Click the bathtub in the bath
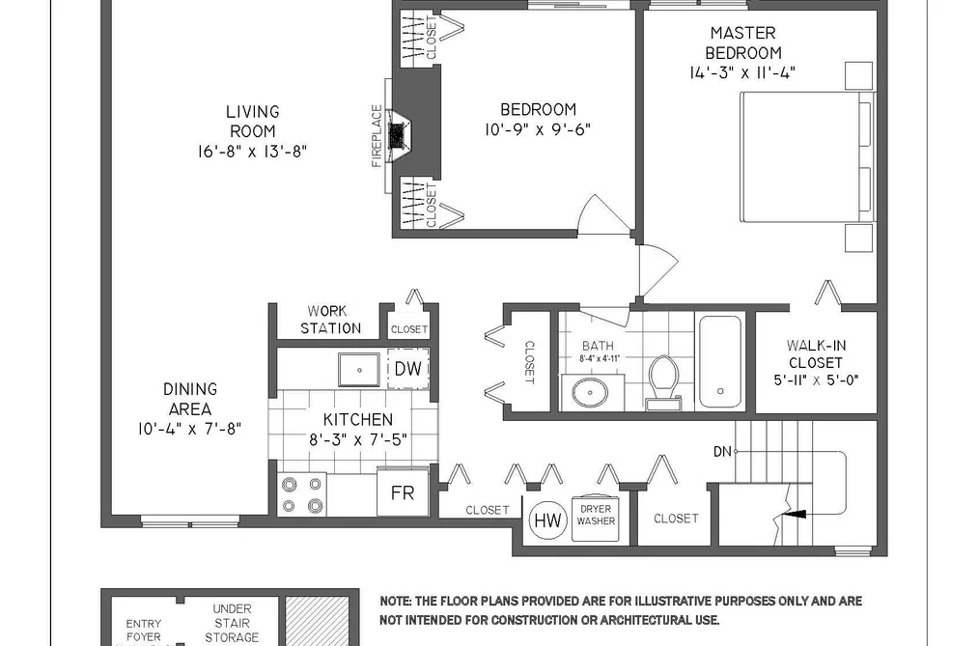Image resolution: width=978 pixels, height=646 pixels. coord(720,362)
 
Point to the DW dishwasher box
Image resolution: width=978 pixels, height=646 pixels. coord(408,369)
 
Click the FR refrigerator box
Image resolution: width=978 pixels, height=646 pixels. coord(403,492)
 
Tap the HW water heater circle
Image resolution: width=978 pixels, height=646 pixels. coord(548,520)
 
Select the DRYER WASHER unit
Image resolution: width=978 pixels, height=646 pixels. coord(596,516)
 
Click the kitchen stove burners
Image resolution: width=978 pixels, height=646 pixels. coord(302,494)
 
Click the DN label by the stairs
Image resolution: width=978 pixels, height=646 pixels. coord(722,451)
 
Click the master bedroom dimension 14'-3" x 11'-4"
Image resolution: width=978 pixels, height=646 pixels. coord(742,72)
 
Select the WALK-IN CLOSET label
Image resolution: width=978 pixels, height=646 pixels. coord(816,353)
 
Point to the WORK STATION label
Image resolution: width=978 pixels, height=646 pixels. coord(330,320)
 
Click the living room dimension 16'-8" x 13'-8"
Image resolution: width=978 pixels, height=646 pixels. coord(252,151)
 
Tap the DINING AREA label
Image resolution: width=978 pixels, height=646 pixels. coord(190,399)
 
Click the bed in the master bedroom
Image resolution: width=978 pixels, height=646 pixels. coord(808,156)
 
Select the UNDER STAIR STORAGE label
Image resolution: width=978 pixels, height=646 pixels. coord(232,622)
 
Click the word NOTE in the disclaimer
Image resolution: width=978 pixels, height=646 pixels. coord(395,602)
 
